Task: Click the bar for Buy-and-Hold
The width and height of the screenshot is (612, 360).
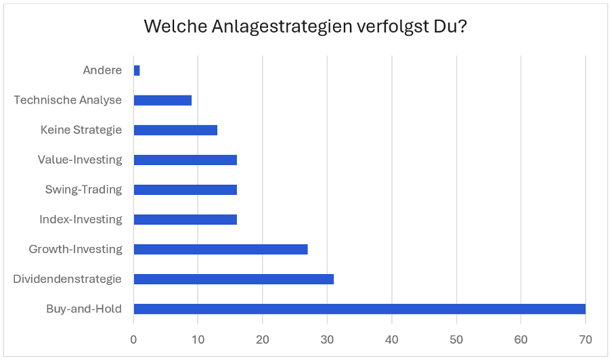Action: pyautogui.click(x=359, y=309)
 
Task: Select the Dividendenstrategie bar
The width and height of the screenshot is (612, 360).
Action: pyautogui.click(x=234, y=279)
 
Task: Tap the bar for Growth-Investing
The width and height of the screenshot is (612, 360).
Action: pyautogui.click(x=221, y=250)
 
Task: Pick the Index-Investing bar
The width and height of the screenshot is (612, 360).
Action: pyautogui.click(x=185, y=219)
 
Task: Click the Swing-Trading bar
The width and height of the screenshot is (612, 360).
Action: pyautogui.click(x=185, y=189)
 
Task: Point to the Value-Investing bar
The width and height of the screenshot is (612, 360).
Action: pyautogui.click(x=185, y=160)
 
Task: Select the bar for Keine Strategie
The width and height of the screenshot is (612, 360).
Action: pyautogui.click(x=175, y=130)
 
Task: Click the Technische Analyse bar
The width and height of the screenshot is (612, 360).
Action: pyautogui.click(x=162, y=100)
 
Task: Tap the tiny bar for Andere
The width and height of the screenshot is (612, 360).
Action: pyautogui.click(x=137, y=70)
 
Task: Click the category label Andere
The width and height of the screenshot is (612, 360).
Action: pyautogui.click(x=102, y=70)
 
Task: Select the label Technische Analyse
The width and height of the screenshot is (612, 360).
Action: pyautogui.click(x=68, y=100)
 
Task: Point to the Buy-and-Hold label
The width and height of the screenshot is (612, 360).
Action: pyautogui.click(x=84, y=309)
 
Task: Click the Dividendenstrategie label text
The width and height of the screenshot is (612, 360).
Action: pyautogui.click(x=67, y=279)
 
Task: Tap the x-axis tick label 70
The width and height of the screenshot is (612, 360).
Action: pyautogui.click(x=586, y=338)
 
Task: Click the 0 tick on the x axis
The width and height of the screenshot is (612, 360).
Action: pyautogui.click(x=134, y=338)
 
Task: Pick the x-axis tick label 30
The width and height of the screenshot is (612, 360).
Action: pyautogui.click(x=328, y=338)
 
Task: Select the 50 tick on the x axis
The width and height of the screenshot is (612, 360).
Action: pyautogui.click(x=456, y=338)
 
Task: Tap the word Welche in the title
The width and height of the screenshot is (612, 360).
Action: pyautogui.click(x=169, y=28)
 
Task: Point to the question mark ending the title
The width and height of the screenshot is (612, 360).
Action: pyautogui.click(x=463, y=28)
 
